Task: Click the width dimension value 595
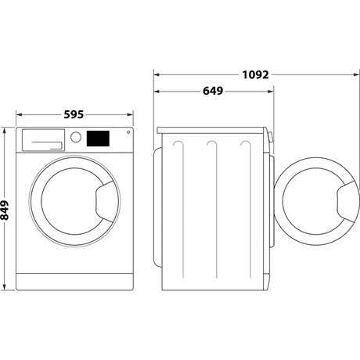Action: pos(74,114)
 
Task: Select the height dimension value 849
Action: pos(6,210)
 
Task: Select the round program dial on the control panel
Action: pos(76,137)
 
